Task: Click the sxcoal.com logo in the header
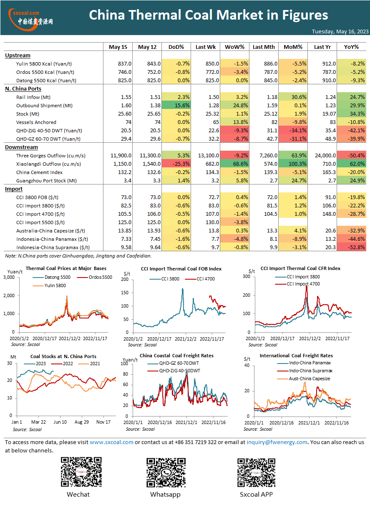tap(31, 19)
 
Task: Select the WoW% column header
tap(234, 47)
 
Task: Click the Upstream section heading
tap(18, 56)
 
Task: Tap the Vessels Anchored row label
tap(36, 122)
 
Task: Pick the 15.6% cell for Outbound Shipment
tap(176, 105)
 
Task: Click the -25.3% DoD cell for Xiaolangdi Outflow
tap(176, 164)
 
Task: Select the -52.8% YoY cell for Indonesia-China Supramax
tap(352, 247)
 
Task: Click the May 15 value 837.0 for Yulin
tap(125, 64)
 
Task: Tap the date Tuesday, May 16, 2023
tap(340, 31)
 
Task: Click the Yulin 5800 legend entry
tap(49, 285)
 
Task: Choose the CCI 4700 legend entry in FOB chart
tap(200, 279)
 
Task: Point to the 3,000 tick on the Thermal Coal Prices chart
tap(9, 277)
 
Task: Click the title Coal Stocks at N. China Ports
tap(63, 356)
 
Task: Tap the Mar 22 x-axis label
tap(38, 422)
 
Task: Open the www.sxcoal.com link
tap(111, 442)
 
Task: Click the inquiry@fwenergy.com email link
tap(277, 442)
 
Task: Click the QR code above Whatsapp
tap(166, 472)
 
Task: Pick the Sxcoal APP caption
tap(256, 495)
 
